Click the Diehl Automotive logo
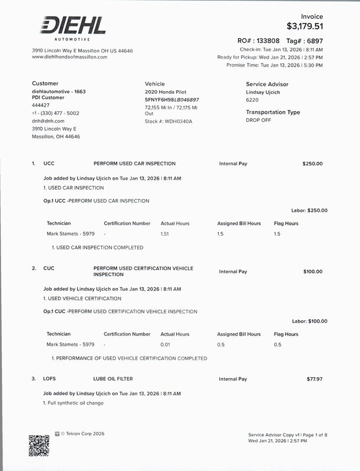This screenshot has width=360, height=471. pos(73,28)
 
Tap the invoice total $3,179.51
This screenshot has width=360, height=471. pos(304,26)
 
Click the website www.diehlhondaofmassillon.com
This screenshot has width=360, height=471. pos(69,57)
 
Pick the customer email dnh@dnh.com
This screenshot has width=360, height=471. pos(48,121)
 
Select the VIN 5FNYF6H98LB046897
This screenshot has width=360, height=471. pos(172,100)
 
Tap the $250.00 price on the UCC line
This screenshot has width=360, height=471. pos(312,164)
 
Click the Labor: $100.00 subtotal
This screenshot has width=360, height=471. pos(309,321)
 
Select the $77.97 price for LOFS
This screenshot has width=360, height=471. pos(314,379)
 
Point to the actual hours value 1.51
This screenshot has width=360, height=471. pos(165,234)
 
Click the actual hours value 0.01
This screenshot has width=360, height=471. pos(165,344)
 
